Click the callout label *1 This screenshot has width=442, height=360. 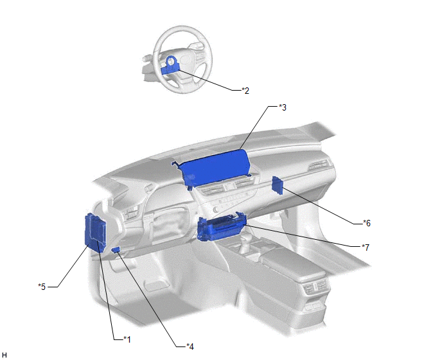tap(127, 339)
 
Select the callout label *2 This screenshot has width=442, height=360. tap(245, 91)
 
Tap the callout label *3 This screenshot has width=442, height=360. tap(283, 107)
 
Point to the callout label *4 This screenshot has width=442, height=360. tap(190, 346)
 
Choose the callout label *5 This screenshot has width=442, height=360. tap(42, 287)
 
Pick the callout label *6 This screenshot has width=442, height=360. tap(367, 223)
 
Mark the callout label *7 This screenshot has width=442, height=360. tap(366, 247)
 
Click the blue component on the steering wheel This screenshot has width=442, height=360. tap(170, 65)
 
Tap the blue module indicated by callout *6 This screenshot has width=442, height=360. tap(278, 185)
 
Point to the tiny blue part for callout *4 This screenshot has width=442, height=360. tap(116, 249)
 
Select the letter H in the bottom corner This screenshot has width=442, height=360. tap(4, 355)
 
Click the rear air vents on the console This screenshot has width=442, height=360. tap(315, 287)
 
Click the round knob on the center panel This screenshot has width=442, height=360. tap(217, 210)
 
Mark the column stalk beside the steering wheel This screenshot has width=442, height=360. tap(147, 59)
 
